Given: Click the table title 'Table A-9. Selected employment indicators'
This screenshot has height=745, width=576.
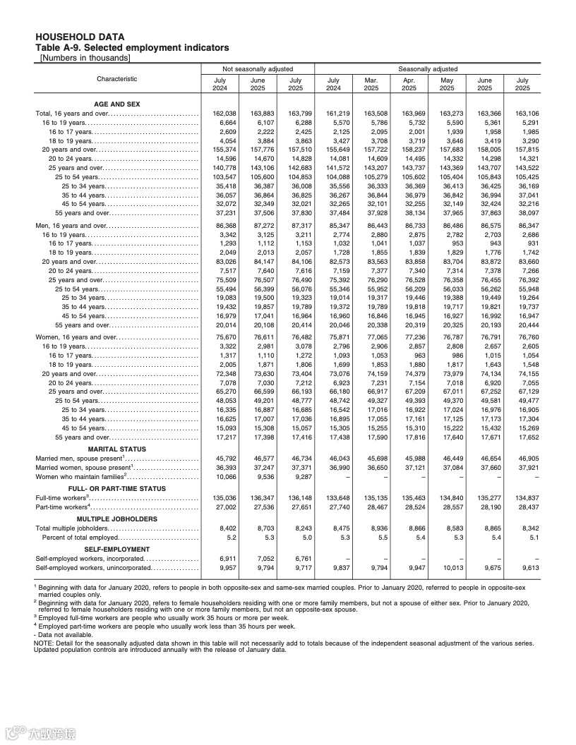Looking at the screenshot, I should (131, 47).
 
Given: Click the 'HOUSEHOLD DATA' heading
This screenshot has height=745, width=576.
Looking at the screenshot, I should (80, 37).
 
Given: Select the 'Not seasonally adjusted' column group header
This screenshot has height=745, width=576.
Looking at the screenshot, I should (258, 69).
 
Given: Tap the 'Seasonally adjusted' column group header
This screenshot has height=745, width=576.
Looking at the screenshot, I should (428, 69).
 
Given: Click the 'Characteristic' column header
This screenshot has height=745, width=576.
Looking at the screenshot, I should (117, 79).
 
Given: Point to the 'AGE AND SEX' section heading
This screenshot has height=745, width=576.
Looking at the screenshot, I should (117, 104).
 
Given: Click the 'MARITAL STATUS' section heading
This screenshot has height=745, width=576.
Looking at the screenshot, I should (117, 449).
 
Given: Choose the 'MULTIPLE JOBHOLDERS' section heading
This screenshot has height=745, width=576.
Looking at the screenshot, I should (117, 519).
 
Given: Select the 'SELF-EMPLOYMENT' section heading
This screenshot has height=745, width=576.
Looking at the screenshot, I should (117, 549).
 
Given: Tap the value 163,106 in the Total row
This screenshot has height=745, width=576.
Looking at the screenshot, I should (522, 114).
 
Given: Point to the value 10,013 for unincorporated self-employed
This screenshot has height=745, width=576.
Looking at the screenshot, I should (447, 567).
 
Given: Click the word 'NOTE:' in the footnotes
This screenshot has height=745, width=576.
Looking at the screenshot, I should (43, 643).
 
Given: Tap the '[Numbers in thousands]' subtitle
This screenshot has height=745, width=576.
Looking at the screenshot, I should (85, 57).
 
